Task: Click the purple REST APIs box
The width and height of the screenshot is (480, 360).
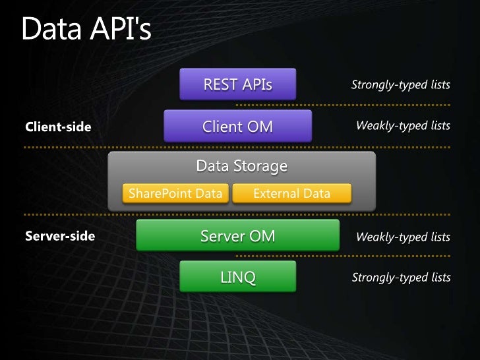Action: click(x=238, y=84)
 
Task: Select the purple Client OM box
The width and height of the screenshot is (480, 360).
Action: click(x=237, y=126)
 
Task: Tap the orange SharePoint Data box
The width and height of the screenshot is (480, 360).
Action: click(x=175, y=194)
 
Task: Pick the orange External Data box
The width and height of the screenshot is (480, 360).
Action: click(x=291, y=194)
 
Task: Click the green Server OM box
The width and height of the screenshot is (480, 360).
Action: click(x=237, y=236)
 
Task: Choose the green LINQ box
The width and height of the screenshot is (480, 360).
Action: click(x=237, y=277)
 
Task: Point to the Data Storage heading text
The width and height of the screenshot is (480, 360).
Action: click(x=241, y=166)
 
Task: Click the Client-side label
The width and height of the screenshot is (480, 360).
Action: click(x=58, y=127)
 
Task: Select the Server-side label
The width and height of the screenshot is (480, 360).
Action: click(x=60, y=236)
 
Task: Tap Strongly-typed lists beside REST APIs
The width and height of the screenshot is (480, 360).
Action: click(x=401, y=85)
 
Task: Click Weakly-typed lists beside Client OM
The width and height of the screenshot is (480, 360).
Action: click(x=403, y=126)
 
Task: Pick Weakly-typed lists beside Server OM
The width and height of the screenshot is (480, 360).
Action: click(x=403, y=237)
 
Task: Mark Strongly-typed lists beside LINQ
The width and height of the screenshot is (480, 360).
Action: click(x=401, y=278)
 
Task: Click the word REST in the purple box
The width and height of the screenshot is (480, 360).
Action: click(x=220, y=85)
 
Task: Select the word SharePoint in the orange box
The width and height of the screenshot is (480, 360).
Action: click(x=156, y=194)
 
